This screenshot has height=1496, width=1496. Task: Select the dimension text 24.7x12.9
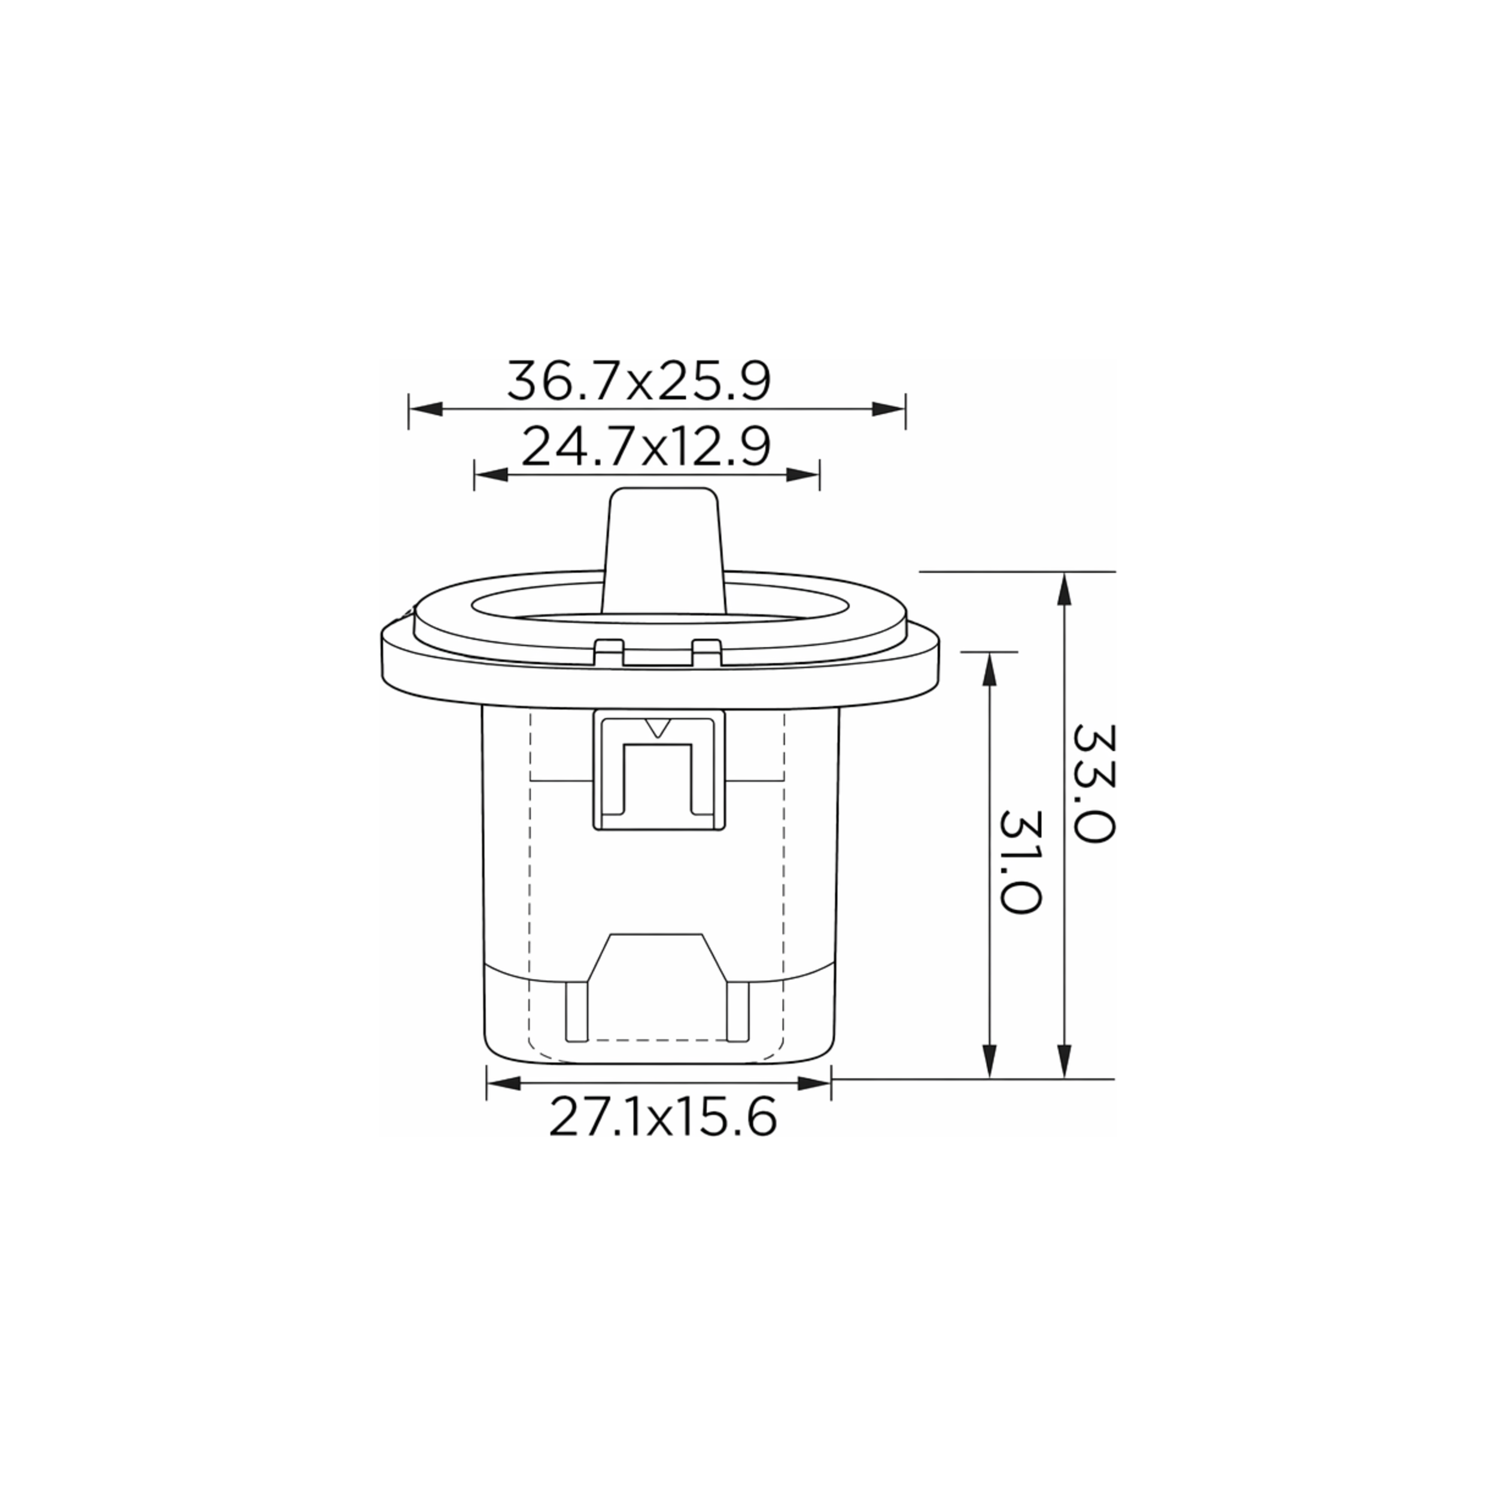click(x=646, y=447)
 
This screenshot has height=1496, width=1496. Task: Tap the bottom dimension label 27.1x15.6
click(x=662, y=1117)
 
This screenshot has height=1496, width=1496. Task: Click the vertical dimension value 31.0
click(x=1020, y=863)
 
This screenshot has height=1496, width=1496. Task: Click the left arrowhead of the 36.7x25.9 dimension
click(x=425, y=409)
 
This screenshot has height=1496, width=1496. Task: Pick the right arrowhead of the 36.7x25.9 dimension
click(x=888, y=409)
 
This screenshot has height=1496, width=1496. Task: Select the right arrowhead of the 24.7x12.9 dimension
click(x=802, y=475)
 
